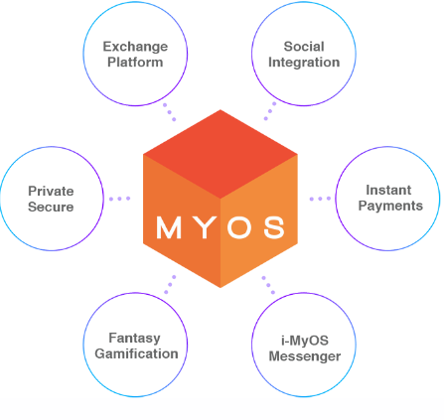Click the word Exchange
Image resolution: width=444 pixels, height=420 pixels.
pos(135,47)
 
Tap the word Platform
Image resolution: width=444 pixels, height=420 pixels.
pos(135,63)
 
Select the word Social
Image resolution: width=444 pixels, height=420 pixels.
pos(304,47)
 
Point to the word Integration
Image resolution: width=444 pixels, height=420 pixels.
pos(304,63)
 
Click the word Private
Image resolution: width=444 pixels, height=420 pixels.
pos(51,191)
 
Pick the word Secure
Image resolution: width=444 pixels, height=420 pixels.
pos(51,207)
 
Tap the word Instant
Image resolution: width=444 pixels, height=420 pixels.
pos(388,190)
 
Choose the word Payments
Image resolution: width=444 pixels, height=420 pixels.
pos(390,207)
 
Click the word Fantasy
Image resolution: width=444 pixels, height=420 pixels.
pos(134,339)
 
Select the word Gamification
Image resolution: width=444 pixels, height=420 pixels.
pos(136,353)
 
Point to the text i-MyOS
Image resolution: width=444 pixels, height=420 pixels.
pos(305,341)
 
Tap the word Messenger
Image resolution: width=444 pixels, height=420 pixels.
pos(305,356)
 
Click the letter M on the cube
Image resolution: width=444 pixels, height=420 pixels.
pos(169,227)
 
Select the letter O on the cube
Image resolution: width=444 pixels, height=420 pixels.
pos(239,227)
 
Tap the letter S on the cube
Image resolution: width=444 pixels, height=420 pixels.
pos(274,227)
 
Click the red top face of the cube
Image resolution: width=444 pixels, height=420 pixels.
pos(221,154)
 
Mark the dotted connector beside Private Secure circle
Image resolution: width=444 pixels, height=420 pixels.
pos(119,199)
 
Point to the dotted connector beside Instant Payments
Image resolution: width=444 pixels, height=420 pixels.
pos(320,199)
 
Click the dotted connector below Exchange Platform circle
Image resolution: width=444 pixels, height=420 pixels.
pos(170,112)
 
